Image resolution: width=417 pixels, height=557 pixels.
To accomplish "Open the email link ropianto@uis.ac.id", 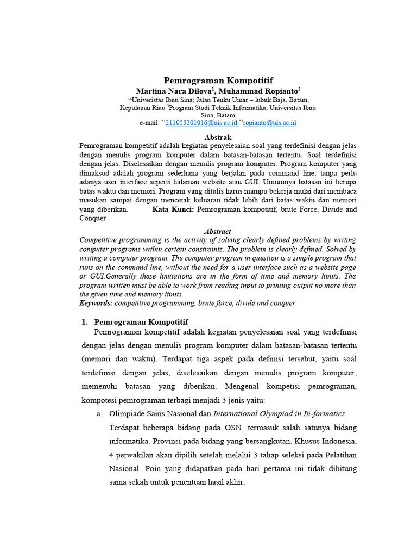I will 269,123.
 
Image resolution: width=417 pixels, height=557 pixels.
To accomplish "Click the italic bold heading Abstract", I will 217,231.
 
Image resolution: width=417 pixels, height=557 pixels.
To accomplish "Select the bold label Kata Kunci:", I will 173,209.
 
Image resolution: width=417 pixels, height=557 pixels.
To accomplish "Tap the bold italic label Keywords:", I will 96,303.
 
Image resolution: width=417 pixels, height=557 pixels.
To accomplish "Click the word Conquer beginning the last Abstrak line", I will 93,218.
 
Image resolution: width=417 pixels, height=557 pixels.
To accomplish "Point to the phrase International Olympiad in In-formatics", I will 279,413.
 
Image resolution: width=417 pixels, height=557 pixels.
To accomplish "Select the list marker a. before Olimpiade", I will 99,413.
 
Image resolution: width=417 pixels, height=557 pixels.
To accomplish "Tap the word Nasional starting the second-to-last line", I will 125,468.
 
